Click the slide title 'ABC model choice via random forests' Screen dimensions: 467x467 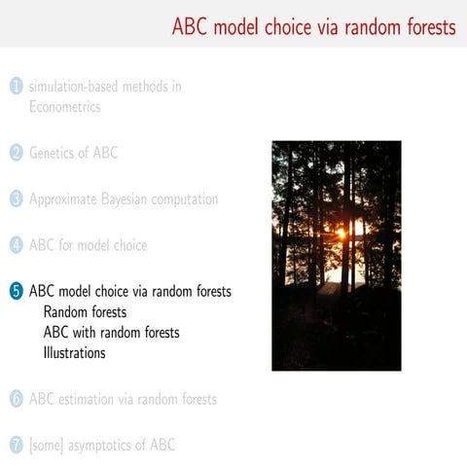tap(313, 26)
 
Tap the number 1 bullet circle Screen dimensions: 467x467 tap(16, 87)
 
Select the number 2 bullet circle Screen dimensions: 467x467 tap(16, 153)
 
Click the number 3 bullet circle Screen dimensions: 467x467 tap(16, 199)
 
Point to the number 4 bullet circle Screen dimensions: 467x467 tap(16, 245)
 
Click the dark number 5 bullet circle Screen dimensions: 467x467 tap(16, 291)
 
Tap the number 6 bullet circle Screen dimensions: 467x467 tap(16, 399)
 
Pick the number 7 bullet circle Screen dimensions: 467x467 tap(16, 446)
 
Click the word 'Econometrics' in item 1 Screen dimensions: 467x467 tap(64, 107)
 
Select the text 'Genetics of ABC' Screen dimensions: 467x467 tap(74, 153)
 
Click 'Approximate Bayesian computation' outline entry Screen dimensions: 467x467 tap(124, 199)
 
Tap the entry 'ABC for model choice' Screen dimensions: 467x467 tap(89, 245)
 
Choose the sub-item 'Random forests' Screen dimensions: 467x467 tap(85, 312)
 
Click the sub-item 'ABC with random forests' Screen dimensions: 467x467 tap(111, 333)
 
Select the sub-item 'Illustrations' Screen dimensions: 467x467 tap(74, 353)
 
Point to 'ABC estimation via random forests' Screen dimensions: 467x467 tap(123, 399)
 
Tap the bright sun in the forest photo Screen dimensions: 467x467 tap(342, 233)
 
